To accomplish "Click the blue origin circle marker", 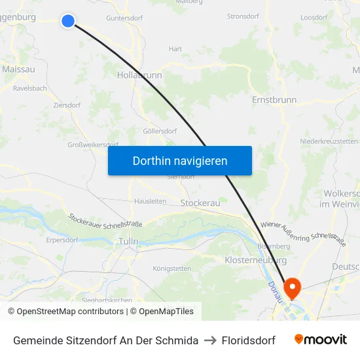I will pyautogui.click(x=67, y=21).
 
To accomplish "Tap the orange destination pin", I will pyautogui.click(x=291, y=286).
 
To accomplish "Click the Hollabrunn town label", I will pyautogui.click(x=139, y=75).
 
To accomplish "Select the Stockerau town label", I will pyautogui.click(x=200, y=203).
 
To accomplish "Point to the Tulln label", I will pyautogui.click(x=128, y=242).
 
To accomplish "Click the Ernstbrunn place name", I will pyautogui.click(x=274, y=100).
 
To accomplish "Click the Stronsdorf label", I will pyautogui.click(x=243, y=16).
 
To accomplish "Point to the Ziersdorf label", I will pyautogui.click(x=67, y=105).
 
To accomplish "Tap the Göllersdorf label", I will pyautogui.click(x=160, y=131).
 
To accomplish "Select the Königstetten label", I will pyautogui.click(x=171, y=268).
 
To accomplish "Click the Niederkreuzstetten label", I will pyautogui.click(x=329, y=141).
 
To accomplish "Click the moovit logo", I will pyautogui.click(x=321, y=340).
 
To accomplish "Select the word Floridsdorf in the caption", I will pyautogui.click(x=248, y=340).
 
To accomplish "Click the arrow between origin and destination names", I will pyautogui.click(x=210, y=340).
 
